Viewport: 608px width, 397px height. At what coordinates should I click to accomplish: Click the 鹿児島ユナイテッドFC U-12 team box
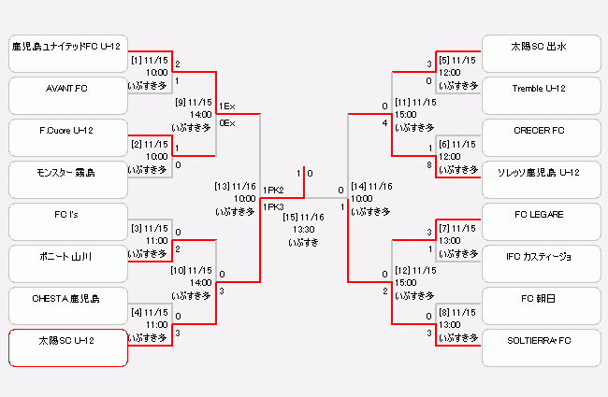[67, 53]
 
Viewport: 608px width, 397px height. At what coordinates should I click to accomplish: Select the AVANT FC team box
[67, 95]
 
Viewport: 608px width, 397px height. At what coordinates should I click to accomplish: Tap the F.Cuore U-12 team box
[67, 136]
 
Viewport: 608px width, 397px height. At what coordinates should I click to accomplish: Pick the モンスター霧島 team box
[67, 179]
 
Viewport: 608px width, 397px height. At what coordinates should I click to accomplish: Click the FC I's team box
[67, 221]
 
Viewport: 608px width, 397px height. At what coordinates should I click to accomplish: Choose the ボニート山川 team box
[67, 263]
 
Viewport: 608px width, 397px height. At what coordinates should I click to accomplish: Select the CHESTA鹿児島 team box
[67, 305]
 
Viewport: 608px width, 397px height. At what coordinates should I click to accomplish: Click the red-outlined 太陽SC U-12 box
[67, 347]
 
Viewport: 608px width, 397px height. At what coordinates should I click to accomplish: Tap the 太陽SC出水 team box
[540, 53]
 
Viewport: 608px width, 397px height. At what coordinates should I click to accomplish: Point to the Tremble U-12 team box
[540, 95]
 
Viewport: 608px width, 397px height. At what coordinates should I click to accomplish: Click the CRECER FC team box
[540, 136]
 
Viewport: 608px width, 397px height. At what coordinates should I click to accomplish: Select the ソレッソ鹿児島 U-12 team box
[540, 179]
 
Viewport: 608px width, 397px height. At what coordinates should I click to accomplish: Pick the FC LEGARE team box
[540, 221]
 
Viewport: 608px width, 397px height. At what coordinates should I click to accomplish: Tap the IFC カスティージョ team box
[540, 263]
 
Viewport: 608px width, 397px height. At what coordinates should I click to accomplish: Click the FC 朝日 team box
[540, 305]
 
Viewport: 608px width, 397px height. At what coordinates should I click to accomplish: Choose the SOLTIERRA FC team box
[540, 347]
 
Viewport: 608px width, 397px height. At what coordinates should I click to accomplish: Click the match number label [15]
[291, 217]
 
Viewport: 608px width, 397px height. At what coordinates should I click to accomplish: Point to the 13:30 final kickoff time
[303, 229]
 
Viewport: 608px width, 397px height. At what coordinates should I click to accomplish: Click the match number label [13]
[223, 186]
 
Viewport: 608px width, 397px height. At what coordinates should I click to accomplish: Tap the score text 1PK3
[274, 206]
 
